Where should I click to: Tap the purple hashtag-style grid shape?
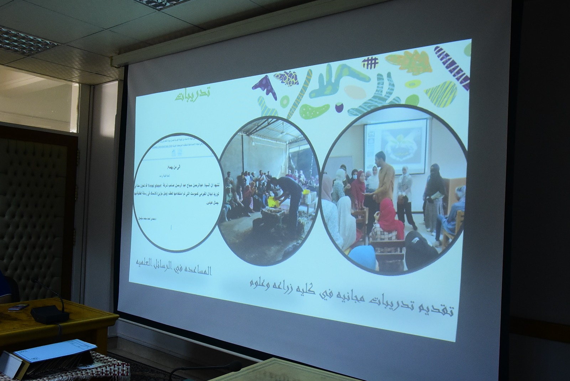(370, 63)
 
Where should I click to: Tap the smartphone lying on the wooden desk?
(18, 307)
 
